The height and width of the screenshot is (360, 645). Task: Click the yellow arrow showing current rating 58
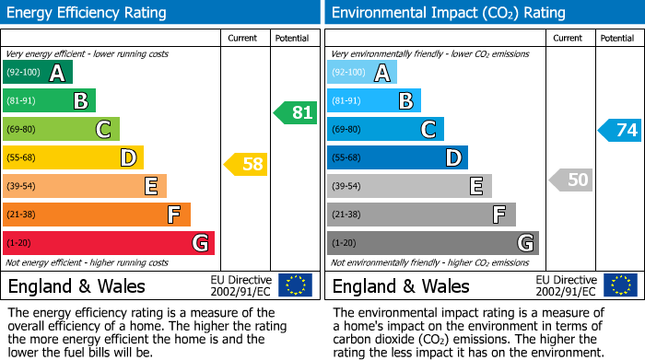pos(245,165)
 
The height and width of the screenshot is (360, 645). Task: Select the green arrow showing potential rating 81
pos(295,113)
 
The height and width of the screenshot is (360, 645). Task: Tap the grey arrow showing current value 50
pos(570,180)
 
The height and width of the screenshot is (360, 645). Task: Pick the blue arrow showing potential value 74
pos(619,130)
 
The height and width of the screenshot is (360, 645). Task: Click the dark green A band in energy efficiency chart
pos(38,73)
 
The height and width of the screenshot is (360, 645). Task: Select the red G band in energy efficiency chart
pos(109,243)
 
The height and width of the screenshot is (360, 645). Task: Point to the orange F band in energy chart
pos(97,215)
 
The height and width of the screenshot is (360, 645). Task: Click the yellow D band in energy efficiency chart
pos(73,157)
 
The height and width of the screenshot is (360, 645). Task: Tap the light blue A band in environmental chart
pos(362,73)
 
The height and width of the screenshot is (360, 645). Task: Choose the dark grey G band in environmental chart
pos(432,243)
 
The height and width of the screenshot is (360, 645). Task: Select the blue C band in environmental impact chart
pos(385,129)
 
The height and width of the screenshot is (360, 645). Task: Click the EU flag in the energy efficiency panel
pos(295,285)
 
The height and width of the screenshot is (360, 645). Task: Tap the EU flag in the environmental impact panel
pos(621,285)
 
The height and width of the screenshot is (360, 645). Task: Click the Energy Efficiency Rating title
pos(88,13)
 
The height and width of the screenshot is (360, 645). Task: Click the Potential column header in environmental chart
pos(617,38)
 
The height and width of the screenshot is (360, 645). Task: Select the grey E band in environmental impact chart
pos(409,186)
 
